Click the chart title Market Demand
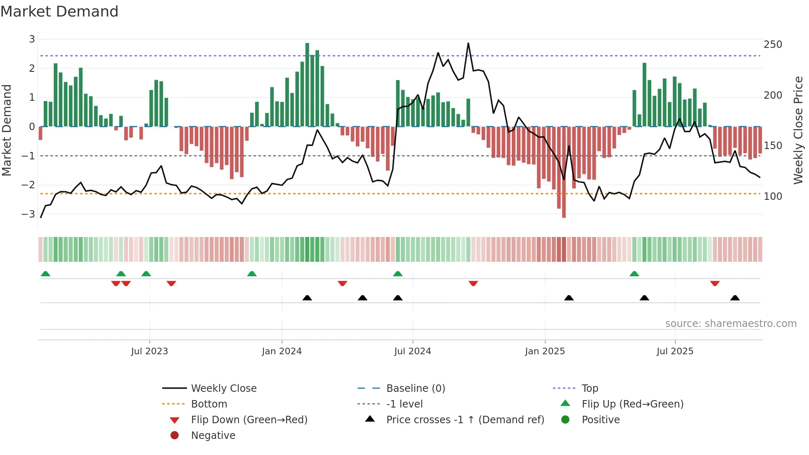(59, 12)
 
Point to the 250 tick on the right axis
(773, 45)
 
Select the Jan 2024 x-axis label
(282, 351)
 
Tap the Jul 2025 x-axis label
(675, 351)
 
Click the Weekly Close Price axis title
(798, 130)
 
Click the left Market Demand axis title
(7, 130)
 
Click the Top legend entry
(589, 389)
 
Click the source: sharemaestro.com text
(731, 324)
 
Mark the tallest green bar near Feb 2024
(307, 85)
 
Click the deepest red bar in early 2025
(564, 172)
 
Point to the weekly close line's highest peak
(468, 43)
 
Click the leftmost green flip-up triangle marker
(45, 274)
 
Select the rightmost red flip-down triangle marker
(715, 283)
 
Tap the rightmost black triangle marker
(735, 298)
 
